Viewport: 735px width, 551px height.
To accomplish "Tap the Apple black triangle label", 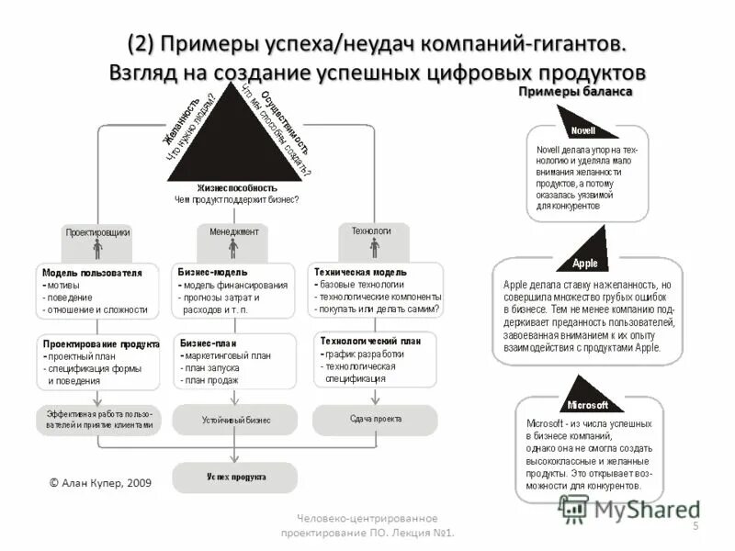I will (585, 263).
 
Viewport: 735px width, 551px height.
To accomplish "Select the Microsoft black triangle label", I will (588, 404).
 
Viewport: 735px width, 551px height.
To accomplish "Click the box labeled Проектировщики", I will (96, 232).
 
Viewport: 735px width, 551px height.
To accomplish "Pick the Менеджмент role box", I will (233, 232).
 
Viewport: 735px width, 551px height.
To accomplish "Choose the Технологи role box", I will (371, 231).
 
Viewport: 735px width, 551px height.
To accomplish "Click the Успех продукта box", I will (235, 478).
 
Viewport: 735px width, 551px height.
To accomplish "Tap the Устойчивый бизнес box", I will (235, 420).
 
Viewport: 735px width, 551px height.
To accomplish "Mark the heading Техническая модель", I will (360, 273).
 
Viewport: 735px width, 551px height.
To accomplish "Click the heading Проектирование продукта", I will (101, 343).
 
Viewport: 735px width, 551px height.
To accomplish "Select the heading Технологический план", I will (369, 341).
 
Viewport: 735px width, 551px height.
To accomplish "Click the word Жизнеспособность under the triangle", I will (236, 186).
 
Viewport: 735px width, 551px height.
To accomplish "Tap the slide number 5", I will (695, 525).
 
